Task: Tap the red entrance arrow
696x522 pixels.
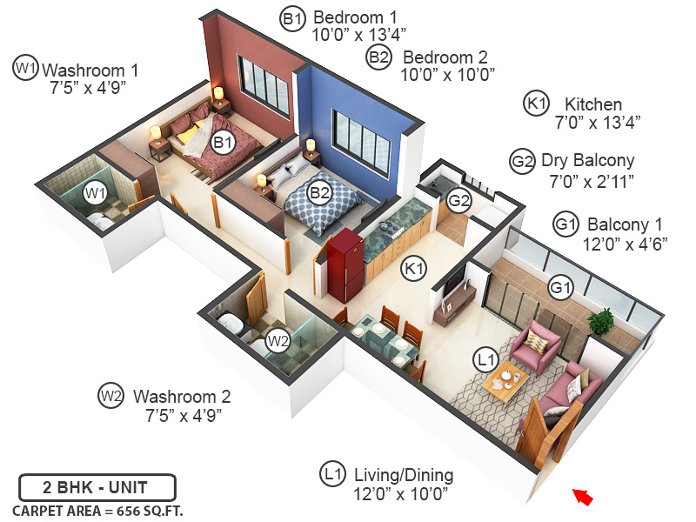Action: tap(583, 497)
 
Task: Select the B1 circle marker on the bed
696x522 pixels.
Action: tap(224, 141)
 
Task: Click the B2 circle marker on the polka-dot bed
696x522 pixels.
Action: tap(320, 192)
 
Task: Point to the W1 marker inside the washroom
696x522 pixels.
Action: tap(94, 191)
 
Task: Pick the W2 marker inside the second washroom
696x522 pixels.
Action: tap(278, 340)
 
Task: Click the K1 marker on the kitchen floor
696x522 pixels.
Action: tap(412, 270)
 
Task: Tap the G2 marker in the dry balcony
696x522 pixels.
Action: tap(458, 202)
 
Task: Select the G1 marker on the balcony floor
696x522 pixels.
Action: tap(560, 285)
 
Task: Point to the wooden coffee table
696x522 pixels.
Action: tap(505, 381)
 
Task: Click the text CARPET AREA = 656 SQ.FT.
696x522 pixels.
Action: tap(97, 510)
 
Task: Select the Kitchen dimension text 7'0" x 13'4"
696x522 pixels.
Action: tap(597, 123)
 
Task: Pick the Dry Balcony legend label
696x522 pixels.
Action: tap(587, 161)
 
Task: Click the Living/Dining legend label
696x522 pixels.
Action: tap(403, 475)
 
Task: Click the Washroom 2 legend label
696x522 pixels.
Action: tap(181, 396)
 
